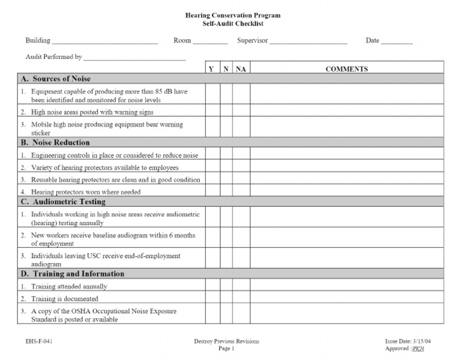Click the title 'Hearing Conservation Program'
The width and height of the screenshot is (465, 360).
click(x=232, y=15)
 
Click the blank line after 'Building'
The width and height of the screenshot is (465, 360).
click(x=105, y=42)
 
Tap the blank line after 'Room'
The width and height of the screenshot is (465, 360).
click(x=210, y=42)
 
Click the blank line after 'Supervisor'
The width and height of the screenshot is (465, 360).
click(x=308, y=42)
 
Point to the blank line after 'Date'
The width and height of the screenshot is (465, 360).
click(x=397, y=42)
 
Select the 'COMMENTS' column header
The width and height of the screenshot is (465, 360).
click(x=346, y=69)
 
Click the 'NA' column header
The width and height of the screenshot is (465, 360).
click(x=241, y=69)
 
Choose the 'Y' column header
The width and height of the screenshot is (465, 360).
click(x=211, y=69)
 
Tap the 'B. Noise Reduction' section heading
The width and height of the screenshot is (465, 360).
click(x=55, y=143)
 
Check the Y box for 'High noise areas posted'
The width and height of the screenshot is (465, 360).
click(x=211, y=112)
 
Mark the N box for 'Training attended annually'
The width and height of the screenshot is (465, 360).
click(x=226, y=286)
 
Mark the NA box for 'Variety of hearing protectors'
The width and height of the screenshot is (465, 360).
click(x=241, y=167)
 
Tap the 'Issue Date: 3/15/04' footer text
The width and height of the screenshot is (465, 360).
click(x=408, y=341)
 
